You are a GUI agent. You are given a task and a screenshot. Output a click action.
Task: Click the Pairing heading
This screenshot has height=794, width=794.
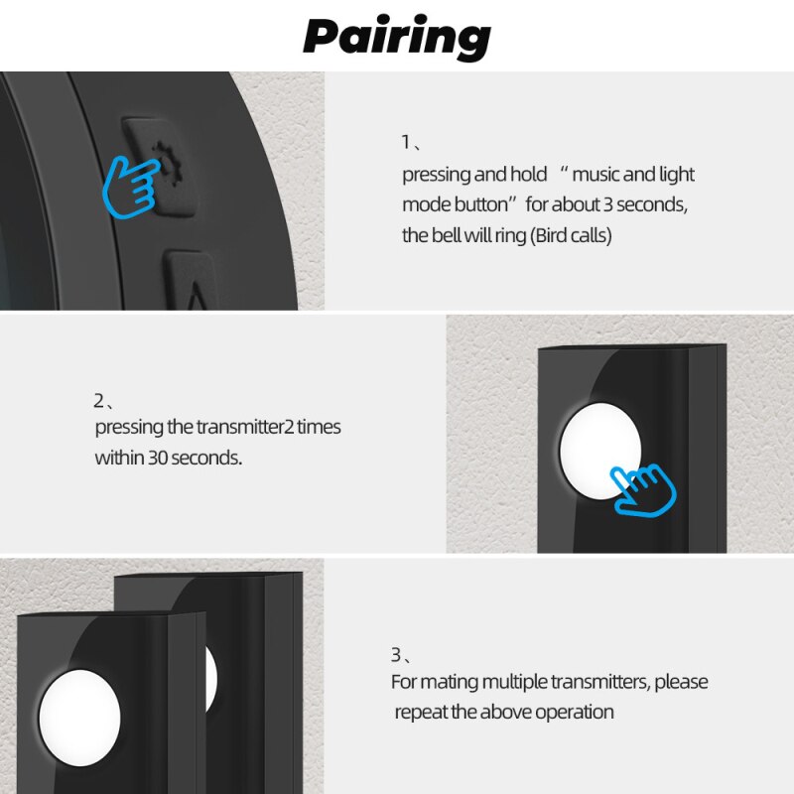click(397, 38)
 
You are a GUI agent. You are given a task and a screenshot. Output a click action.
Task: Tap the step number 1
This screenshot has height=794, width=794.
click(406, 141)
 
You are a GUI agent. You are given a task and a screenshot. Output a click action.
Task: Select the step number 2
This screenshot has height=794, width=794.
click(99, 401)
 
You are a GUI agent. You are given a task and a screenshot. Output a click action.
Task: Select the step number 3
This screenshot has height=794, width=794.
click(396, 655)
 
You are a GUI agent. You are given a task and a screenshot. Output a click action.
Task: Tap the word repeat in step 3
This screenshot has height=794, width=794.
click(421, 713)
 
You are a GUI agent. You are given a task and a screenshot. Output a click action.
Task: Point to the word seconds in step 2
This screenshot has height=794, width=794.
click(207, 459)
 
